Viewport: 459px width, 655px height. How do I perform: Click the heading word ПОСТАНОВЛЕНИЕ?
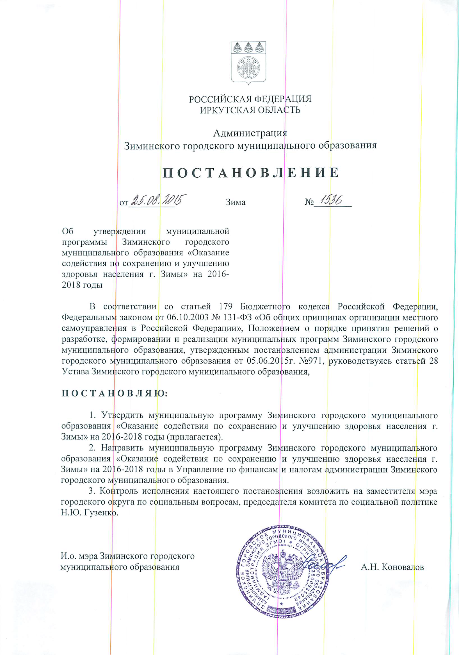pyautogui.click(x=251, y=173)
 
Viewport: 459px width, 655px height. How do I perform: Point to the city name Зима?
pyautogui.click(x=236, y=202)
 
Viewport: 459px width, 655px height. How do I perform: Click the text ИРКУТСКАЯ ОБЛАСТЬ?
pyautogui.click(x=250, y=110)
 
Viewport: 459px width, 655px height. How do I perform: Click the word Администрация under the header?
pyautogui.click(x=250, y=133)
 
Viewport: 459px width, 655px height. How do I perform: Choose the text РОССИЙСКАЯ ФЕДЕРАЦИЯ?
pyautogui.click(x=250, y=99)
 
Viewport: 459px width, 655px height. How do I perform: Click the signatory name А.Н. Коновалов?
pyautogui.click(x=392, y=567)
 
